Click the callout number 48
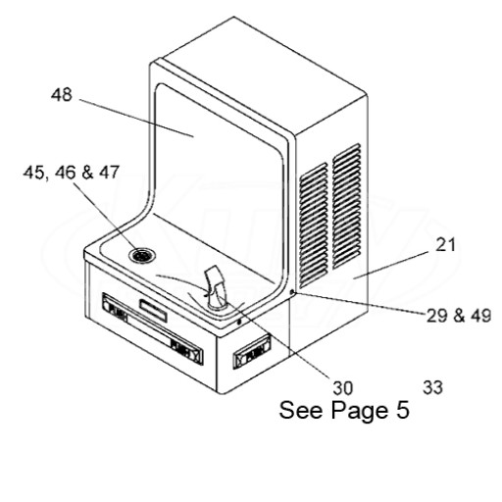pyautogui.click(x=61, y=95)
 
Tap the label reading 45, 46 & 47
pyautogui.click(x=71, y=173)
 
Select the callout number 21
pyautogui.click(x=445, y=245)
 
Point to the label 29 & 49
pyautogui.click(x=459, y=316)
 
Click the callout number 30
pyautogui.click(x=343, y=388)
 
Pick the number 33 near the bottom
pyautogui.click(x=432, y=387)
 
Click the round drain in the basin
pyautogui.click(x=142, y=255)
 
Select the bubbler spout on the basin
pyautogui.click(x=215, y=287)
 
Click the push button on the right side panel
pyautogui.click(x=252, y=352)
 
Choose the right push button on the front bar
pyautogui.click(x=186, y=351)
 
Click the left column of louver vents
pyautogui.click(x=314, y=225)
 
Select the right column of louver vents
pyautogui.click(x=347, y=207)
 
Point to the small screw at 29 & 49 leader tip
pyautogui.click(x=293, y=292)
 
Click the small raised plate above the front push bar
pyautogui.click(x=153, y=310)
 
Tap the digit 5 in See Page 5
pyautogui.click(x=403, y=410)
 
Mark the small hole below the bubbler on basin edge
pyautogui.click(x=239, y=323)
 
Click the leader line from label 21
pyautogui.click(x=391, y=265)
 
